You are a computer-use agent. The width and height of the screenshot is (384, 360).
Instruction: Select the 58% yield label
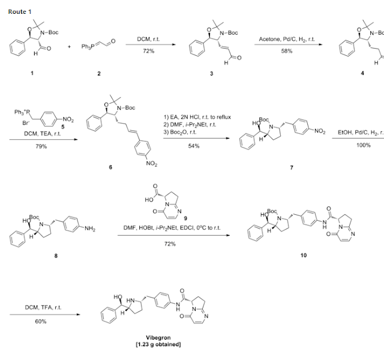click(286, 51)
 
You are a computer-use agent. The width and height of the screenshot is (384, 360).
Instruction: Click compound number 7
click(292, 168)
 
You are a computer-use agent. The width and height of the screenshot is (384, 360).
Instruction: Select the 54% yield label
click(194, 146)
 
